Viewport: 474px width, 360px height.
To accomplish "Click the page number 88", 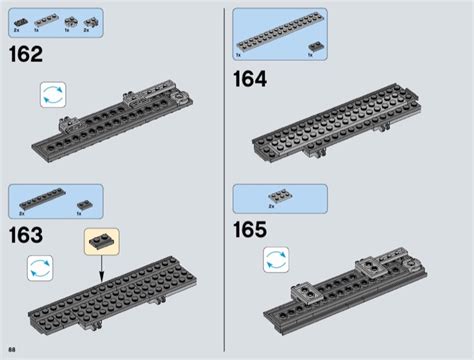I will click(x=11, y=347).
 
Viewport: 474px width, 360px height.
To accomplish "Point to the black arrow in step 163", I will click(x=102, y=267).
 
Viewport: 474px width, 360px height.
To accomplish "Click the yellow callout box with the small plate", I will click(x=102, y=239).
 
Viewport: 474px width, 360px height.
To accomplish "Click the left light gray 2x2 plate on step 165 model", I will click(x=304, y=290).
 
